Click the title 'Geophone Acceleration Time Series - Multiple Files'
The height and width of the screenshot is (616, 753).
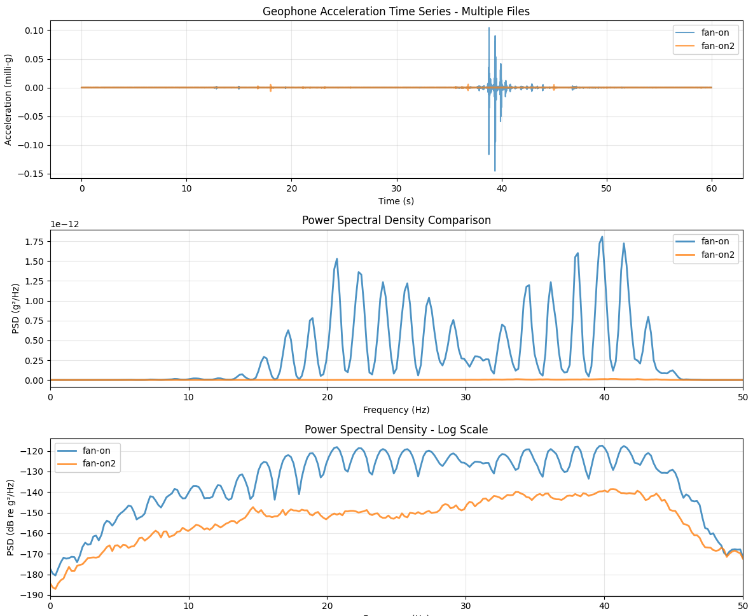tap(396, 11)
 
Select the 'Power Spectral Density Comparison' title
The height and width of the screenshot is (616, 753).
tap(396, 221)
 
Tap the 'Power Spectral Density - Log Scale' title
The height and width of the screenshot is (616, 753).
tap(396, 430)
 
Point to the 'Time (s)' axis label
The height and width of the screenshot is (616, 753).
tap(396, 201)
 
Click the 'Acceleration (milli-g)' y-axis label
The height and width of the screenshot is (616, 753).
tap(8, 99)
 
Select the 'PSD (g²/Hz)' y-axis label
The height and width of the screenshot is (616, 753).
tap(16, 309)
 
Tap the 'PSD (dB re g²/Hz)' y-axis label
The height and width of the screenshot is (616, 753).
tap(11, 517)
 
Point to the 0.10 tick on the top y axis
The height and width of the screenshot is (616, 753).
tap(32, 31)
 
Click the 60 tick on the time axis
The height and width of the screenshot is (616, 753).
tap(711, 189)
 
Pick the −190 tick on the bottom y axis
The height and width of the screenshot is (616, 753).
tap(32, 595)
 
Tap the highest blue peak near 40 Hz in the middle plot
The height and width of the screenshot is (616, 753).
tap(602, 237)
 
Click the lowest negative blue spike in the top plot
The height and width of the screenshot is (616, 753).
tap(495, 171)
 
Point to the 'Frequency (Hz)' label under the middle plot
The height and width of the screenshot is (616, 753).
tap(396, 410)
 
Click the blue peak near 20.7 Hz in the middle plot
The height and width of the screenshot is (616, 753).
tap(336, 259)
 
